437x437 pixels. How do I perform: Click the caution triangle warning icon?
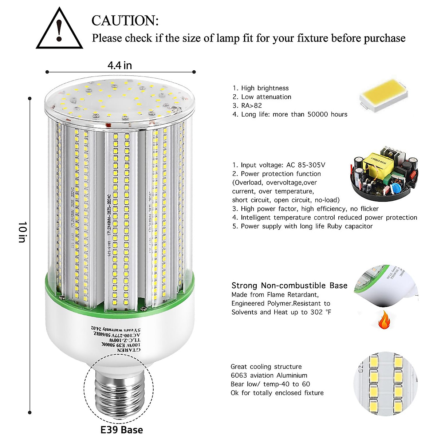59,29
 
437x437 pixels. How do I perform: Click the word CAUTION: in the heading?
125,21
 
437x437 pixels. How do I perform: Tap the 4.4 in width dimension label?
119,65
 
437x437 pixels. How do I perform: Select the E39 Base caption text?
122,430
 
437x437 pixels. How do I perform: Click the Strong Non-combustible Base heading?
289,286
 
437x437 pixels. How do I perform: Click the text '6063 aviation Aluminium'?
269,375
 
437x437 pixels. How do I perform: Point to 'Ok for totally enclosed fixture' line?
277,393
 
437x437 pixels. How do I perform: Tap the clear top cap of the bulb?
120,102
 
